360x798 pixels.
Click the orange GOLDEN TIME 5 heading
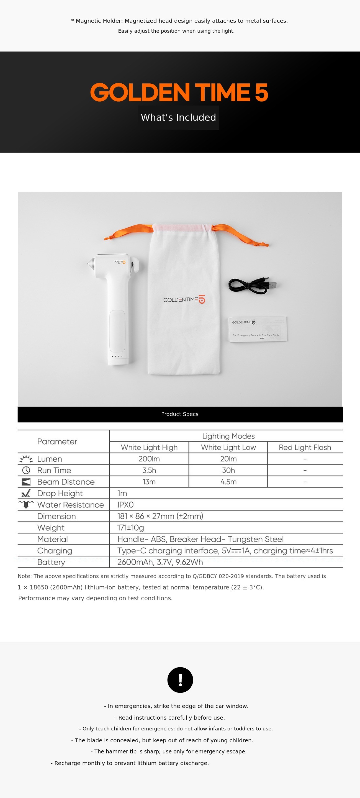tap(179, 92)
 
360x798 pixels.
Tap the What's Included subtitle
tap(178, 117)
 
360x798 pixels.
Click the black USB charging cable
tap(251, 285)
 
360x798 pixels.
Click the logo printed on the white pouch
tap(184, 299)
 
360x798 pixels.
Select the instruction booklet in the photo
tap(258, 329)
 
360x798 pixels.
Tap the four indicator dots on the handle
tap(117, 356)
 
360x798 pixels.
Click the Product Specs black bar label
tap(180, 414)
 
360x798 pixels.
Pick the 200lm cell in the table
tap(149, 459)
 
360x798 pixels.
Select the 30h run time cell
tap(228, 470)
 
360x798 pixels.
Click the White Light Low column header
tap(228, 447)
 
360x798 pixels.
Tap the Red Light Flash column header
tap(305, 447)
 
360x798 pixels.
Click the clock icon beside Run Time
tap(26, 470)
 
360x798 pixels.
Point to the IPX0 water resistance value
tap(125, 505)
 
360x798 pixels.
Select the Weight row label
tap(51, 528)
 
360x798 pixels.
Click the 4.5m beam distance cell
tap(228, 482)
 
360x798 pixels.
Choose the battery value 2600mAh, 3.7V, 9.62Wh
tap(160, 562)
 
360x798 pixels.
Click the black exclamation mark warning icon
tap(180, 680)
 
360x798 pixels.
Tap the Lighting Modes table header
tap(228, 436)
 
